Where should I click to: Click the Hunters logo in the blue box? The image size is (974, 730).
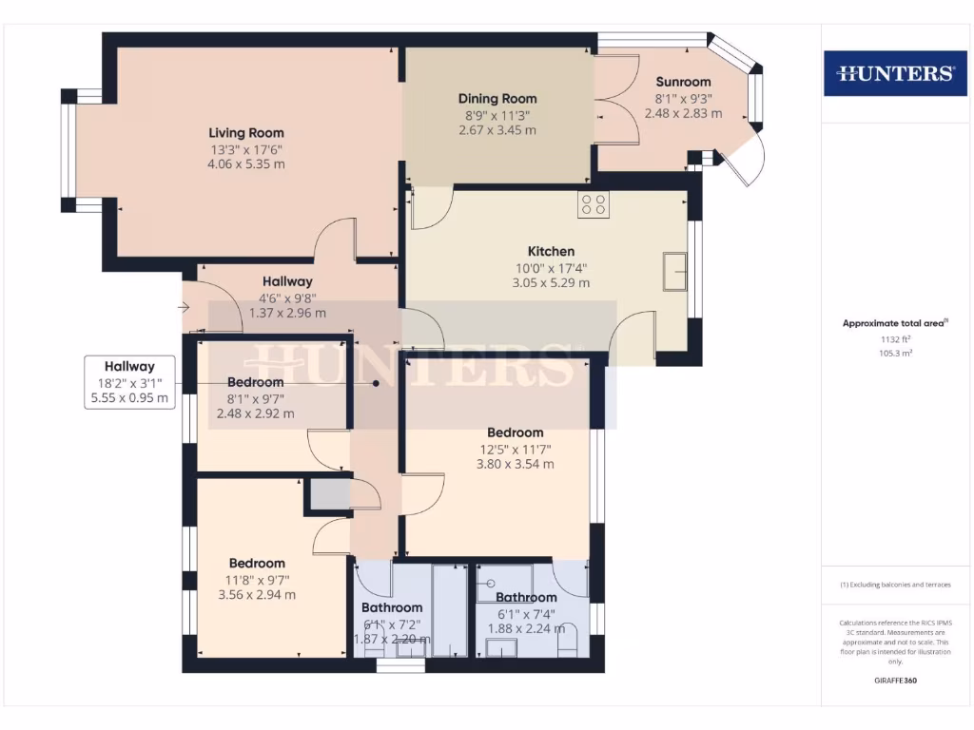[894, 73]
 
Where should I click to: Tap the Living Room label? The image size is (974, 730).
[246, 133]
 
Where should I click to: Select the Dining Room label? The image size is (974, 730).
[497, 99]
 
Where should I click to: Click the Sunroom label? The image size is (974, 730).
[683, 82]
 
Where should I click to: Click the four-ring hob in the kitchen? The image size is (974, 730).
[594, 204]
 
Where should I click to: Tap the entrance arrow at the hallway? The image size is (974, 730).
[183, 307]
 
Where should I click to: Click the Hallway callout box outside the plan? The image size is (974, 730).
[129, 382]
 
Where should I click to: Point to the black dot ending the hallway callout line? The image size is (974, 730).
[377, 384]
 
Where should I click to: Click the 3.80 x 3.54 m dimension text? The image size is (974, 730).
[515, 465]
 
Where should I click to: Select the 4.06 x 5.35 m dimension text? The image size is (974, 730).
[246, 164]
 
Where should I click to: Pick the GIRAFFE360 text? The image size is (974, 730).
[895, 681]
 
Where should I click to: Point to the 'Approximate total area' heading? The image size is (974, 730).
[894, 323]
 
